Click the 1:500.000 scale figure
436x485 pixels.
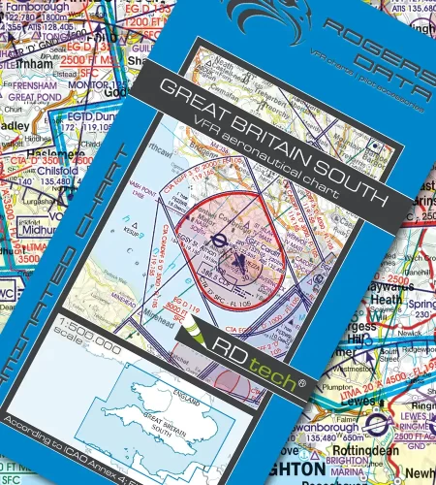coord(90,347)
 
